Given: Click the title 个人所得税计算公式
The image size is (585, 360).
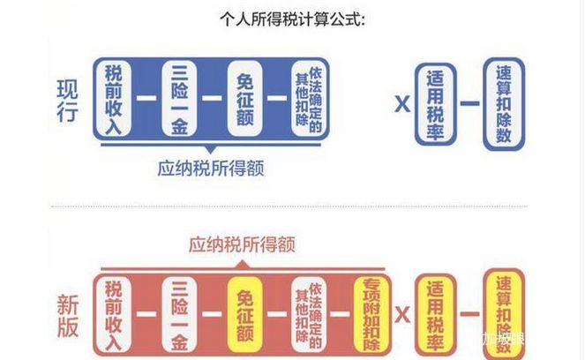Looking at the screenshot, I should tap(292, 19).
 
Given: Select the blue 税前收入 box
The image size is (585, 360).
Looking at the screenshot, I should tap(116, 99).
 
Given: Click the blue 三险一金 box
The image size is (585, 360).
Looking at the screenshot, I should tap(180, 99).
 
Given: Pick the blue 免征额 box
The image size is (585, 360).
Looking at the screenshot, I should tap(246, 99).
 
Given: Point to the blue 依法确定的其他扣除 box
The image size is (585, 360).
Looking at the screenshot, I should tap(310, 99).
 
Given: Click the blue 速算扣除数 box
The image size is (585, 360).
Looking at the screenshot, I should tap(504, 102).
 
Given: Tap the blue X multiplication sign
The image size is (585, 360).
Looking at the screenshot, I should tap(401, 104).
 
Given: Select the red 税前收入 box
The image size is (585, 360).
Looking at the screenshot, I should tap(116, 314).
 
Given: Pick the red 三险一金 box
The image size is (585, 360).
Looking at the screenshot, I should tap(180, 314).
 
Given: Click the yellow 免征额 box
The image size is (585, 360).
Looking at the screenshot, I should tap(246, 314).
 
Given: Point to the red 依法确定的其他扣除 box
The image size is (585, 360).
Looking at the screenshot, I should tap(310, 314).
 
